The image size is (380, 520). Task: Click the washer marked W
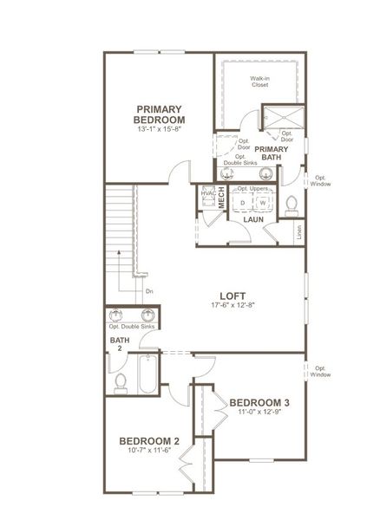point(262,202)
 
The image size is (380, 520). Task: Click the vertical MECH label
point(221,197)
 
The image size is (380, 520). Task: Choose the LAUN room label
point(252,220)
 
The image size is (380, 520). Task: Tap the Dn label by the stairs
point(149,291)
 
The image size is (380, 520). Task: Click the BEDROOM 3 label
point(259,402)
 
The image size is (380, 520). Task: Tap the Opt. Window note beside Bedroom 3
point(323,370)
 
